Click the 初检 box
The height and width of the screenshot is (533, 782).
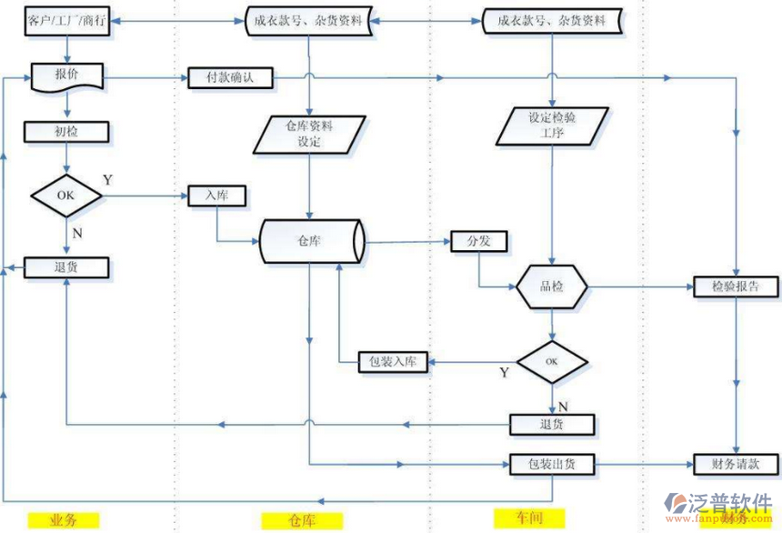click(x=67, y=132)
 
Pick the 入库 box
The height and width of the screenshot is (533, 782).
click(x=216, y=195)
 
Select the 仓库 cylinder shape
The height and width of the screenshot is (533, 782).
click(x=311, y=241)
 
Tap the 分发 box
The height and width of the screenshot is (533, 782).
click(x=479, y=241)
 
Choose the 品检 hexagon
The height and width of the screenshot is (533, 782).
click(x=552, y=287)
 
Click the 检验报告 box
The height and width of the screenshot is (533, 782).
click(x=737, y=287)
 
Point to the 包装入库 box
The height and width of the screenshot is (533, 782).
click(x=393, y=362)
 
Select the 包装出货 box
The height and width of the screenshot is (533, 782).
click(x=552, y=464)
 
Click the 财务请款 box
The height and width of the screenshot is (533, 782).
click(x=737, y=464)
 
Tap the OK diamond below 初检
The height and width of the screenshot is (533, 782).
click(x=67, y=195)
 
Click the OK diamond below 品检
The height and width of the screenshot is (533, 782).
click(x=552, y=362)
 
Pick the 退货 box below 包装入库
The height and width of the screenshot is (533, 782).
click(x=552, y=424)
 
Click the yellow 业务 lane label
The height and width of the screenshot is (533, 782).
click(x=64, y=520)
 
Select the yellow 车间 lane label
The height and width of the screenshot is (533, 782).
click(x=530, y=518)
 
